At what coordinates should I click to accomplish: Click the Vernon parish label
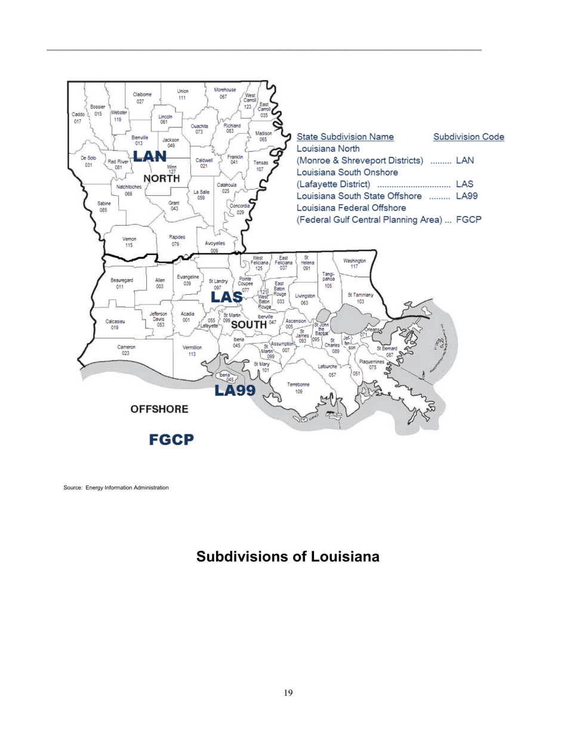pos(129,241)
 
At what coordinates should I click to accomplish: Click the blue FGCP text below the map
pos(171,440)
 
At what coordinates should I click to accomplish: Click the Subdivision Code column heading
pos(469,137)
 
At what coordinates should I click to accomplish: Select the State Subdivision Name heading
pos(344,137)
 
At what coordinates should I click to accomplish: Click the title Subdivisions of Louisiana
pos(288,557)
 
